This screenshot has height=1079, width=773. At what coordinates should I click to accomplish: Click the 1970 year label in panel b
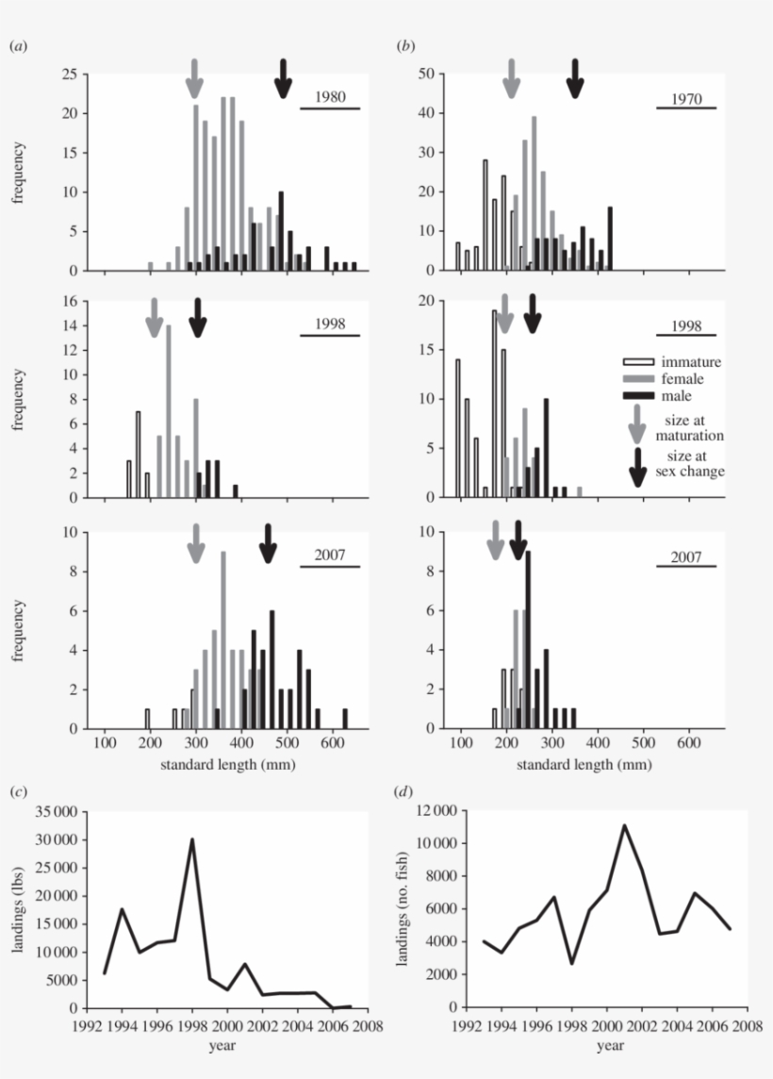(x=685, y=98)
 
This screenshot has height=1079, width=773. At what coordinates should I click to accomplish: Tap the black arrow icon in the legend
(x=638, y=466)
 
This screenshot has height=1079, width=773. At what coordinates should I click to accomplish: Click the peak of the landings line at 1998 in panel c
(x=192, y=840)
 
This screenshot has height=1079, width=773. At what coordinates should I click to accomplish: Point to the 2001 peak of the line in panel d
(x=624, y=825)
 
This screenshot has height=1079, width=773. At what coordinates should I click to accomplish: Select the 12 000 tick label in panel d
(x=427, y=811)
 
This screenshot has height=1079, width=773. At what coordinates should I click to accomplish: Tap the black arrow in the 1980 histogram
(x=283, y=77)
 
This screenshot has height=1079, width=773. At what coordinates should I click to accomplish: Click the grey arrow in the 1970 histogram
(x=511, y=77)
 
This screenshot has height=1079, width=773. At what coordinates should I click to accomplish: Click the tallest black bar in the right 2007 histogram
(x=528, y=639)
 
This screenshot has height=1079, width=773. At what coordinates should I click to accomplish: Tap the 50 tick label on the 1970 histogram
(x=427, y=74)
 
